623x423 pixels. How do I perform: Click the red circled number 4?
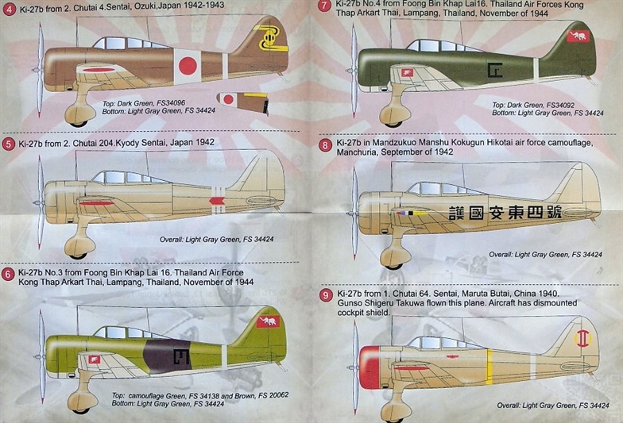(x=8, y=8)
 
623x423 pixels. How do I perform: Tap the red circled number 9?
(x=326, y=295)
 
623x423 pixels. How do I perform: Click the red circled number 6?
(x=8, y=275)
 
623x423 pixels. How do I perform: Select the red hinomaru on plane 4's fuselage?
(x=188, y=65)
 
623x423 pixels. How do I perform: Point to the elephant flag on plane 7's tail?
(x=578, y=37)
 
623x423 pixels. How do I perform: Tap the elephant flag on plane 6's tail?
(x=268, y=321)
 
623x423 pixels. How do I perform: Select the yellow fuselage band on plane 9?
(x=489, y=367)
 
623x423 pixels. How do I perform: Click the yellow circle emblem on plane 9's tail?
(x=583, y=338)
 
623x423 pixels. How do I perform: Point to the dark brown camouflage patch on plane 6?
(x=167, y=356)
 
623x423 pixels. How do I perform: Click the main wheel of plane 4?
(x=79, y=116)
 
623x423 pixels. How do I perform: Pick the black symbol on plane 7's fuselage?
(x=495, y=70)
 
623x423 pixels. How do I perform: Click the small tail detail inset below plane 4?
(x=243, y=103)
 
